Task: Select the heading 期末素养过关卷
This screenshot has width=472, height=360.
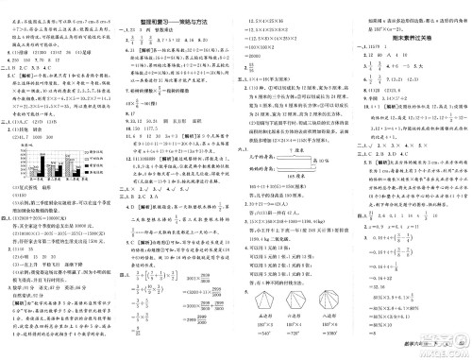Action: (407, 37)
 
